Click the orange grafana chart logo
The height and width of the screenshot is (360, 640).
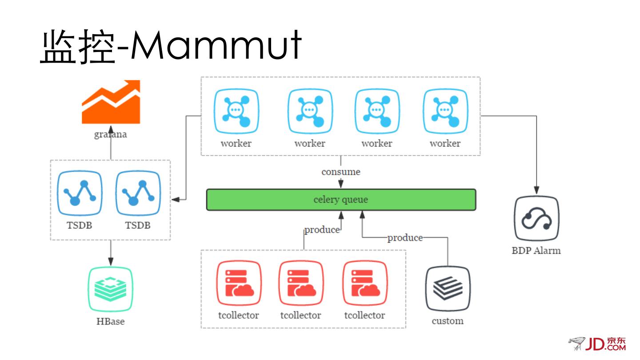111,102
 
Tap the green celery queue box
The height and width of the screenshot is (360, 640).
341,200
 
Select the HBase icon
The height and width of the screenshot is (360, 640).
111,289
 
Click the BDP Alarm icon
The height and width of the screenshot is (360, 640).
536,219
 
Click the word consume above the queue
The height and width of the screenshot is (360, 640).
341,172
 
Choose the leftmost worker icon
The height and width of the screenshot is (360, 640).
236,111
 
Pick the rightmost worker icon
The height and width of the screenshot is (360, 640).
445,111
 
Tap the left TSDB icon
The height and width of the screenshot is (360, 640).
80,193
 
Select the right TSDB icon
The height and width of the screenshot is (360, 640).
138,193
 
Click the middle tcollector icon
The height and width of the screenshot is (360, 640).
301,283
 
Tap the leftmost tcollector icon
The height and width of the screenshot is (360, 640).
239,283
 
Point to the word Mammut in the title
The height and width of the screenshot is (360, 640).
216,46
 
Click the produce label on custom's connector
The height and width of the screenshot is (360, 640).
405,238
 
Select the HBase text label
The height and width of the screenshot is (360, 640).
111,321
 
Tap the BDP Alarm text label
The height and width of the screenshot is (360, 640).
536,251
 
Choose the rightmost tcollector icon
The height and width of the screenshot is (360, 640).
365,283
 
